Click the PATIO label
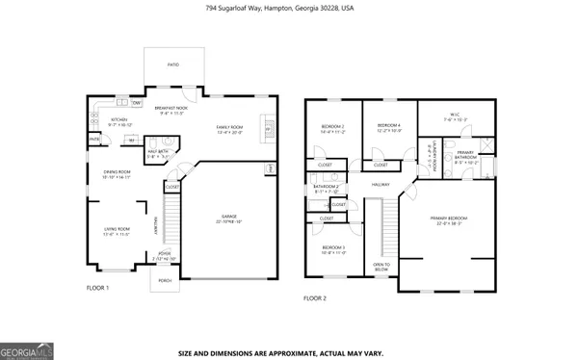pos(173,65)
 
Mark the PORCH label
pos(164,283)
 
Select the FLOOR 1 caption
pos(98,288)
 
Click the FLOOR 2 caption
pos(315,298)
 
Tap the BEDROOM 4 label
pos(389,126)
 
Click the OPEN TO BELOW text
pos(381,267)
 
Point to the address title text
pos(288,8)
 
